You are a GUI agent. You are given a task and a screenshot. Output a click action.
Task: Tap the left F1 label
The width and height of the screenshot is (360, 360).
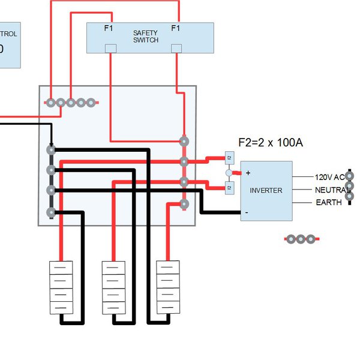(x=108, y=28)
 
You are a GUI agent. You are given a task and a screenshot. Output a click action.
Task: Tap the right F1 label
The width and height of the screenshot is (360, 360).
(x=176, y=28)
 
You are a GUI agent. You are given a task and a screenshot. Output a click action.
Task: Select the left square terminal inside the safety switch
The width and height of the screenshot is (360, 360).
(x=110, y=48)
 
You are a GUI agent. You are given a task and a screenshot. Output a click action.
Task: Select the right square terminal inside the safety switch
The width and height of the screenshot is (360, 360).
(x=176, y=48)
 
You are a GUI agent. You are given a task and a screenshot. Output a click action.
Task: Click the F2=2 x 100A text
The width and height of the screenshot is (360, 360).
(x=271, y=143)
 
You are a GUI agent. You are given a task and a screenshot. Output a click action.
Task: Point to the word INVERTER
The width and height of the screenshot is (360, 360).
(x=266, y=190)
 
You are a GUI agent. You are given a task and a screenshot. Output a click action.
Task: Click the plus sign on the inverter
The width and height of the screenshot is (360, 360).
(x=248, y=173)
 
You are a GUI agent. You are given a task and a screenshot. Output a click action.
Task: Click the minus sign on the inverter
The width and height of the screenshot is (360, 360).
(x=247, y=212)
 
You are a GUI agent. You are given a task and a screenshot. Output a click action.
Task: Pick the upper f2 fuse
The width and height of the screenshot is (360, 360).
(x=229, y=158)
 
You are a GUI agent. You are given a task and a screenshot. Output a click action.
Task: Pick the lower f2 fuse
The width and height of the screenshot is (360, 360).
(x=229, y=188)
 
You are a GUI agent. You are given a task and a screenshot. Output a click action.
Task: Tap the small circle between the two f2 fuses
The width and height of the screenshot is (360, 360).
(x=229, y=173)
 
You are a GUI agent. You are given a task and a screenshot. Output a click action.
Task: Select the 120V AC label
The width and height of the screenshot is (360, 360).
(x=329, y=178)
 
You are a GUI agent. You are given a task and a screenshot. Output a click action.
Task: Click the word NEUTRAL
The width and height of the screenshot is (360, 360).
(x=332, y=190)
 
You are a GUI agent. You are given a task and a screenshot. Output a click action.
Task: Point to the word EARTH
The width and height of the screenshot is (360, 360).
(x=329, y=203)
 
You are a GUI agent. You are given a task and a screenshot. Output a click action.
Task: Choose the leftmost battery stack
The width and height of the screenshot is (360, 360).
(x=61, y=287)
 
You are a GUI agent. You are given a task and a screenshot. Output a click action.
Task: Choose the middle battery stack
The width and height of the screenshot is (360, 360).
(x=114, y=287)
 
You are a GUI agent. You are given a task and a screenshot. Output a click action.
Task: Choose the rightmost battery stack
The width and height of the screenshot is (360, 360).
(x=168, y=287)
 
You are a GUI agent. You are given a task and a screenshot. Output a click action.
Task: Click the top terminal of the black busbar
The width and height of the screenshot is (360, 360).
(x=51, y=149)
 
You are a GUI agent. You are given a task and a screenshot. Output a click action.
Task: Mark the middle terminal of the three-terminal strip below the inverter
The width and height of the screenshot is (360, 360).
(x=301, y=239)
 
